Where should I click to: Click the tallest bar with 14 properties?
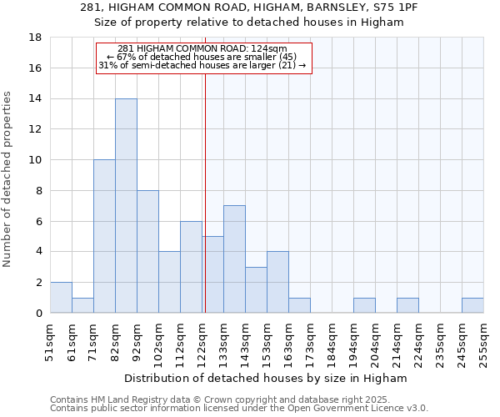click(x=126, y=206)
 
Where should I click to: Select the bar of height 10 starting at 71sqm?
click(x=104, y=236)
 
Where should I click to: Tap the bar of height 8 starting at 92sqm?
click(x=147, y=252)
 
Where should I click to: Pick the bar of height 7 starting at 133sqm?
click(x=234, y=259)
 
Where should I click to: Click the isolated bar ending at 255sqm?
click(x=472, y=305)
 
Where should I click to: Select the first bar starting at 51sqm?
click(x=61, y=298)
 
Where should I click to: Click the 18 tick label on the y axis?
click(x=35, y=38)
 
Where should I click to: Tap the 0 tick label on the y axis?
click(x=38, y=313)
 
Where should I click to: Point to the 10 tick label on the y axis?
click(x=35, y=160)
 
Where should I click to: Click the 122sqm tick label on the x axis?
click(x=202, y=341)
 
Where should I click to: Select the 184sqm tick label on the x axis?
click(x=332, y=341)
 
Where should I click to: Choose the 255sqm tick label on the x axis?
click(x=483, y=341)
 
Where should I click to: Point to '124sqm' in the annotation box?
click(x=270, y=48)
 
